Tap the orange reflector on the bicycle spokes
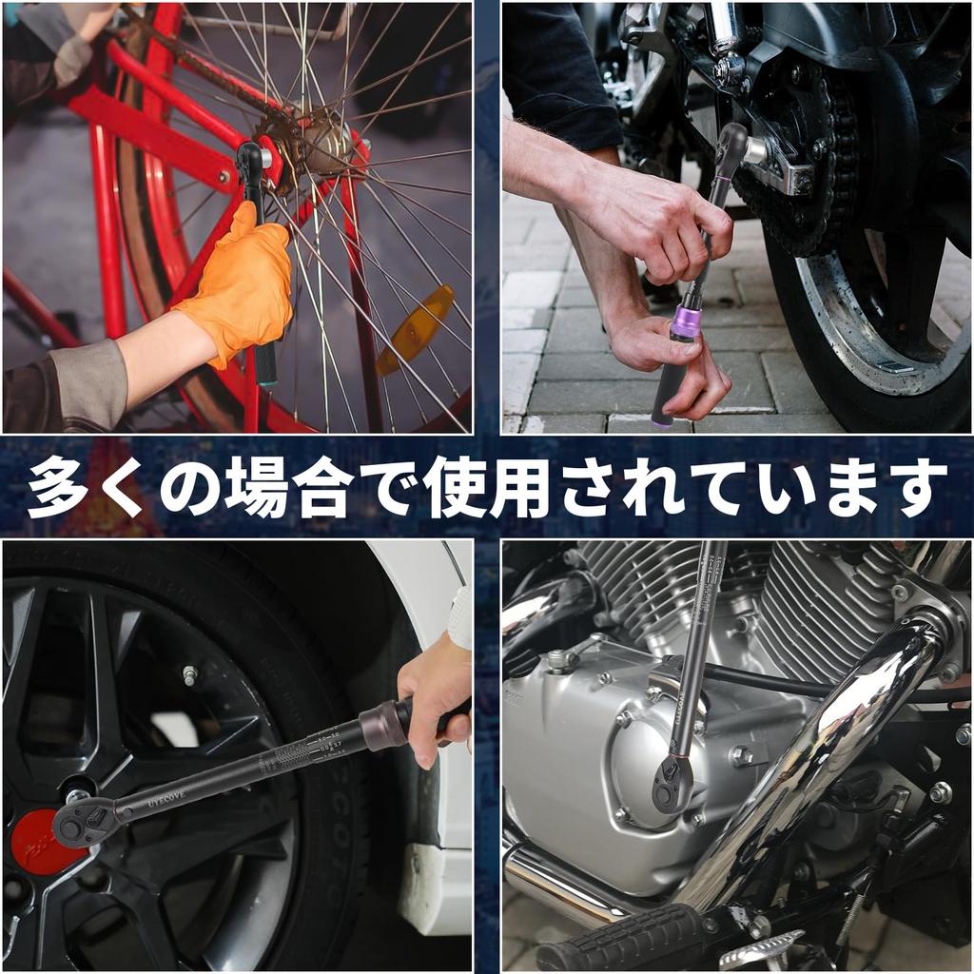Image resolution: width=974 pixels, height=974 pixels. pos(415,329)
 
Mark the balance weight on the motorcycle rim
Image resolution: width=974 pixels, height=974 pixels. pos(894,367)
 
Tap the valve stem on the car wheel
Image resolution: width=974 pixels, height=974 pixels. pos(190,676)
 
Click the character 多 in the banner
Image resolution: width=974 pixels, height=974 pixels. pos(59,487)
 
